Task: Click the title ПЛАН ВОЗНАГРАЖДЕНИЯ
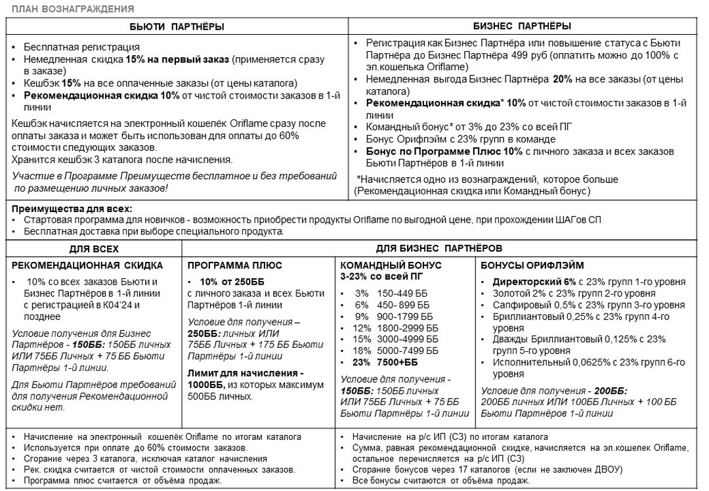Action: (x=73, y=9)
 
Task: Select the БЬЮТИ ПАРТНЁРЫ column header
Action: (x=177, y=26)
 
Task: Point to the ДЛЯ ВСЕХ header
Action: (x=94, y=249)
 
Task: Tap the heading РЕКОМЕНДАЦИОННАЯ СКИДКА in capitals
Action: (x=87, y=265)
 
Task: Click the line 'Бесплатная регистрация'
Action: (x=82, y=47)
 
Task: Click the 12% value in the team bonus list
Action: (x=362, y=328)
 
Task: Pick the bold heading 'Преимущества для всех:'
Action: (x=67, y=208)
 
